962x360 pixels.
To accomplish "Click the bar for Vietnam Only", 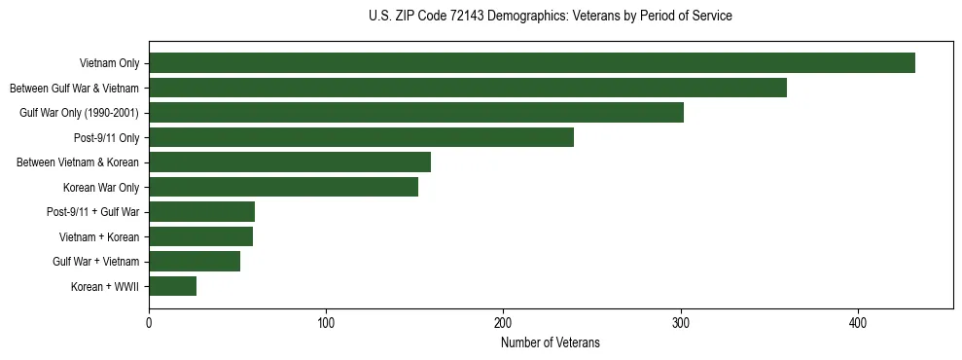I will point(531,63).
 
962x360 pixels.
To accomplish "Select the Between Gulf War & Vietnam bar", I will point(467,88).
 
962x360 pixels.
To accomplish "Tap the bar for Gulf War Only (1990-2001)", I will point(415,113).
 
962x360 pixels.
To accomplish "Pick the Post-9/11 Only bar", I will point(361,137).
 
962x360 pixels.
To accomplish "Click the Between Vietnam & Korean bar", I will point(290,162).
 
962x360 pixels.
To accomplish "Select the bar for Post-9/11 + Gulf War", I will point(201,212).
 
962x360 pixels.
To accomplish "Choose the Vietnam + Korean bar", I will point(200,236).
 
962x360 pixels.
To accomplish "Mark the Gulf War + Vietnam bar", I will point(195,261).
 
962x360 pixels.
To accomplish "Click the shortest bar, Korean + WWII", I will point(172,286).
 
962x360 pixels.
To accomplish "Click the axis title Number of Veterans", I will point(551,342).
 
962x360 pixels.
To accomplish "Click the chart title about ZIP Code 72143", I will point(551,17).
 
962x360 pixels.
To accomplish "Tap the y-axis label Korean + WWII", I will point(106,286).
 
